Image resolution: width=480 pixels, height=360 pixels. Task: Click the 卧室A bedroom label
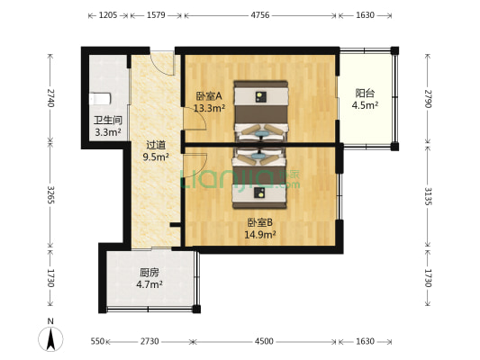pos(208,96)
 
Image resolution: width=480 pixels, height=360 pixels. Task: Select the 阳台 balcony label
pos(365,92)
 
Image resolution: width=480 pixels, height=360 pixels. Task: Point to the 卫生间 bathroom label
pos(107,121)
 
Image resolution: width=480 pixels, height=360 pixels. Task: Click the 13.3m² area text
pos(209,109)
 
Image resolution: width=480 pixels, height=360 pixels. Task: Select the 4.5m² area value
pos(365,104)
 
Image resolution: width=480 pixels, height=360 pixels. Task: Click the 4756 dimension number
pos(260,15)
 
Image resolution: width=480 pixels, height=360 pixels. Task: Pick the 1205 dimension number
pos(108,15)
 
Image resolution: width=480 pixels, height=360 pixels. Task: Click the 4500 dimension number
pos(264,342)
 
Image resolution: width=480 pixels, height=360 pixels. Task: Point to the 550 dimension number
pos(98,342)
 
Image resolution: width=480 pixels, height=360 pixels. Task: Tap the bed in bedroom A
pos(261,109)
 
